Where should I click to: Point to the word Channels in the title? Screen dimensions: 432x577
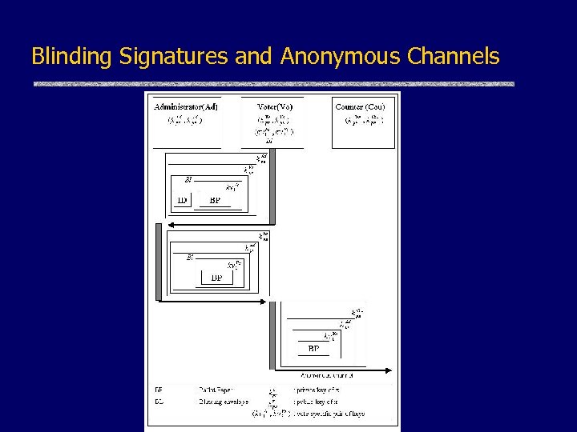pos(454,57)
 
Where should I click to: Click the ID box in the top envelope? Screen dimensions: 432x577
pos(182,201)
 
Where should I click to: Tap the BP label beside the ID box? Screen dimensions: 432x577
pos(215,201)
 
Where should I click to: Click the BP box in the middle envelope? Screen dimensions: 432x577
pos(216,278)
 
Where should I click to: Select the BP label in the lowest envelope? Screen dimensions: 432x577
pos(313,349)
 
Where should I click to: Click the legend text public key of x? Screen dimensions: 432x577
pos(316,402)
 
